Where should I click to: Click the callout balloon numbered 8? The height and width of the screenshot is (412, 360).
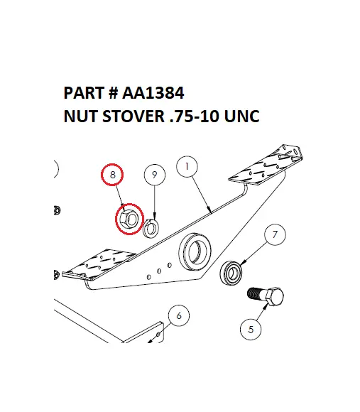point(111,174)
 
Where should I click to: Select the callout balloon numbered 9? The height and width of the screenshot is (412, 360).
point(154,174)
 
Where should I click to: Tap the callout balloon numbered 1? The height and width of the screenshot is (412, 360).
point(187,167)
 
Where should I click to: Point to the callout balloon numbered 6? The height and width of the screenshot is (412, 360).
point(179,315)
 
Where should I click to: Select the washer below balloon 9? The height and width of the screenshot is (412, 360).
point(151,228)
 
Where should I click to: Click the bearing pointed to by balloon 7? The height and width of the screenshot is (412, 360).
point(231,273)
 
